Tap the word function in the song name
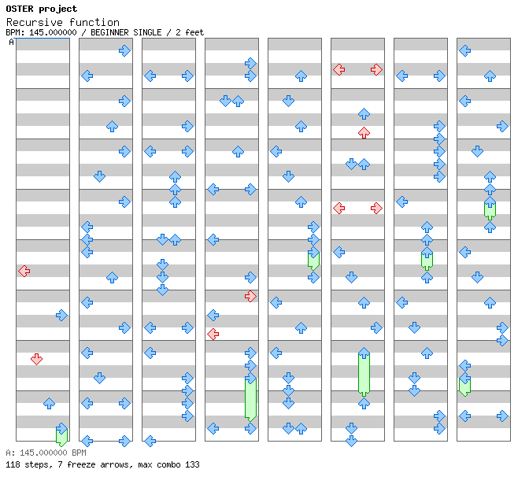click(93, 22)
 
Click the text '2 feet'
click(190, 33)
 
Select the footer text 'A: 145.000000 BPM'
click(46, 453)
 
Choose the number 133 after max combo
click(192, 465)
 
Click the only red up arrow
click(364, 132)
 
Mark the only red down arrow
click(36, 359)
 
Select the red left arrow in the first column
click(24, 271)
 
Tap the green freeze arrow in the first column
click(61, 434)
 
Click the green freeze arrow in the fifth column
click(313, 260)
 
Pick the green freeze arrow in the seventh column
click(427, 258)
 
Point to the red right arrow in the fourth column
click(250, 296)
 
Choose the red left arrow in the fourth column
click(213, 334)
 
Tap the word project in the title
click(59, 9)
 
